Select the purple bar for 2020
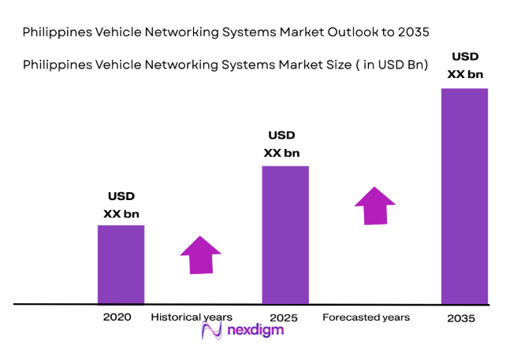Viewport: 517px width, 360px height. click(x=121, y=264)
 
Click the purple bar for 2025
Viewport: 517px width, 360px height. click(x=285, y=234)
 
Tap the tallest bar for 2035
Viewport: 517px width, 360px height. click(x=464, y=195)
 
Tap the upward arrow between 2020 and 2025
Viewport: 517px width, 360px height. click(x=200, y=254)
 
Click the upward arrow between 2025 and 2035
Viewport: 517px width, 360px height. click(x=374, y=206)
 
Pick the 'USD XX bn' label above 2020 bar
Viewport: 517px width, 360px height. click(x=121, y=204)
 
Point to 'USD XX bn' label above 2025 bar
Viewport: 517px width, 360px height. click(x=281, y=144)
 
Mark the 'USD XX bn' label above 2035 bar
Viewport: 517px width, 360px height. click(x=463, y=64)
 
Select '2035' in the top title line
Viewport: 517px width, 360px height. click(x=413, y=32)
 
